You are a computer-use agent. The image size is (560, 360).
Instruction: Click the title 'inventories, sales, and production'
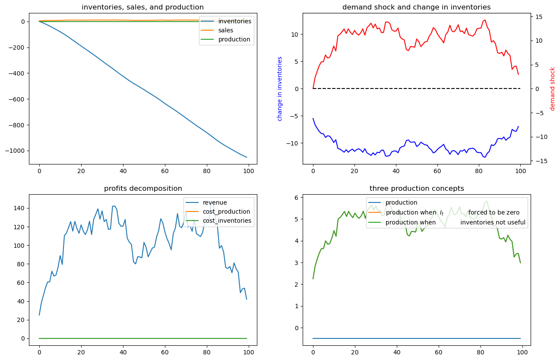click(x=142, y=7)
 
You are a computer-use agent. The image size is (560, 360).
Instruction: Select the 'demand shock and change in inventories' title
click(x=416, y=7)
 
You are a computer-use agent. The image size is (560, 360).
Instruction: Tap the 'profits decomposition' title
click(x=143, y=188)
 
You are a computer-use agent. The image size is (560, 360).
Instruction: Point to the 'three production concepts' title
click(x=416, y=188)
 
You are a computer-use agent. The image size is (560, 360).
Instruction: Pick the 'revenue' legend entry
click(x=215, y=202)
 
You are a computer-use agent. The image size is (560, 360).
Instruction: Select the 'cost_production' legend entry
click(x=226, y=212)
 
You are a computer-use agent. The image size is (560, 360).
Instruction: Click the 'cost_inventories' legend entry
click(x=228, y=221)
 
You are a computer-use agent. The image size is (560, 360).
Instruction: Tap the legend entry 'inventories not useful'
click(x=493, y=223)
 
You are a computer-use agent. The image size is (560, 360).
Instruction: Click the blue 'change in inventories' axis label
click(x=280, y=88)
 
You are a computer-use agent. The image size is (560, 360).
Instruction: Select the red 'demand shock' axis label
click(x=552, y=88)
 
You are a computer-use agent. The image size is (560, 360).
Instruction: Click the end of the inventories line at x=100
click(x=247, y=157)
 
